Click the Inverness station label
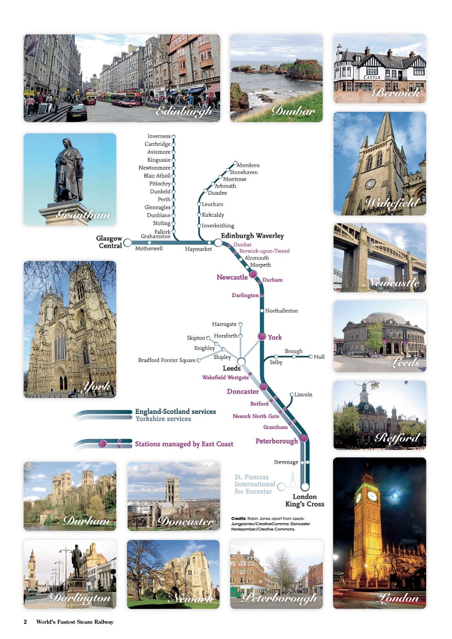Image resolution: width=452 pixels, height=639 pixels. pyautogui.click(x=159, y=136)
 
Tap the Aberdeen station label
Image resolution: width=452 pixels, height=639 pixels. pyautogui.click(x=248, y=165)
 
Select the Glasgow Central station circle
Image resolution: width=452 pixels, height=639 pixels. pyautogui.click(x=127, y=243)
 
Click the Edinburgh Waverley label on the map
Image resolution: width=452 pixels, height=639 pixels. pyautogui.click(x=252, y=236)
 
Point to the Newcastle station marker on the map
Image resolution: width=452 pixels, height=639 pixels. pyautogui.click(x=253, y=274)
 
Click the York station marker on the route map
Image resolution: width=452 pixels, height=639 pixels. pyautogui.click(x=261, y=337)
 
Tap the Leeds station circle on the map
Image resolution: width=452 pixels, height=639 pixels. pyautogui.click(x=241, y=361)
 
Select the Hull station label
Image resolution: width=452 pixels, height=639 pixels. pyautogui.click(x=319, y=357)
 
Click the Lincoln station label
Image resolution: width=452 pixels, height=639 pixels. pyautogui.click(x=303, y=394)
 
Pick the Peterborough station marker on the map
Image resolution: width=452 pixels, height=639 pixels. pyautogui.click(x=303, y=439)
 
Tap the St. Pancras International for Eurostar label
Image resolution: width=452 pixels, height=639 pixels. pyautogui.click(x=255, y=484)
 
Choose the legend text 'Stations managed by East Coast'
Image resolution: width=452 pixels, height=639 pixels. pyautogui.click(x=184, y=444)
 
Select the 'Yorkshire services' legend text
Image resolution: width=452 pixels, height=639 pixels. pyautogui.click(x=163, y=419)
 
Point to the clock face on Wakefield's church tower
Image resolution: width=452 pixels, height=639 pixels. pyautogui.click(x=370, y=184)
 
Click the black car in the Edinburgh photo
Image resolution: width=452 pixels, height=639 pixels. pyautogui.click(x=76, y=112)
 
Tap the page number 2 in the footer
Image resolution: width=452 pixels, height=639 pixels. pyautogui.click(x=25, y=622)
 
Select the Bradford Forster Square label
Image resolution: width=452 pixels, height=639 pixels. pyautogui.click(x=167, y=360)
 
